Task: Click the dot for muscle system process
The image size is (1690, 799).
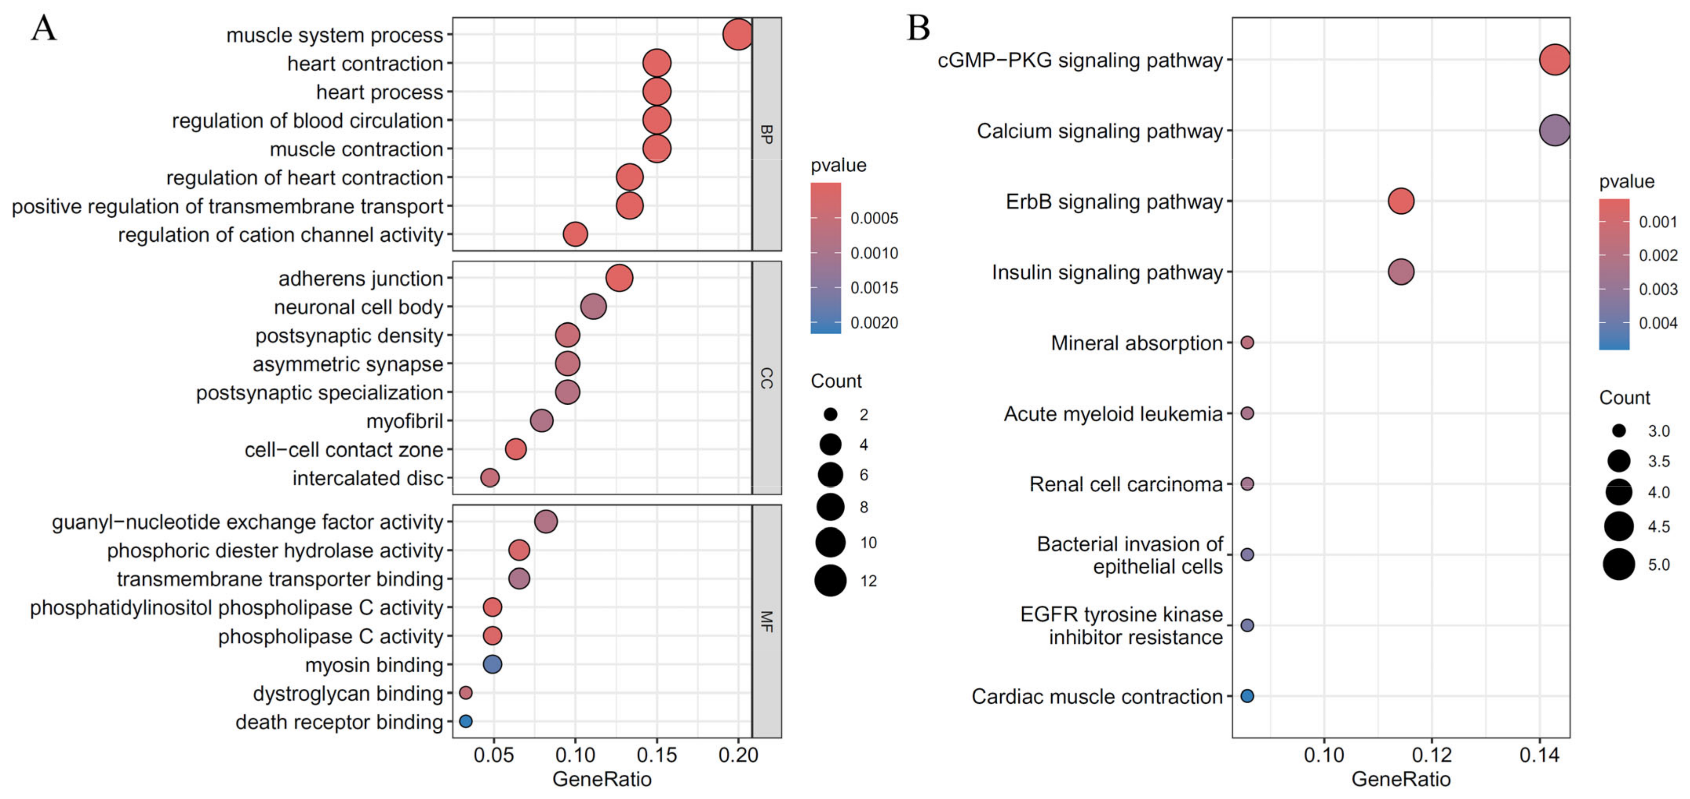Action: tap(738, 34)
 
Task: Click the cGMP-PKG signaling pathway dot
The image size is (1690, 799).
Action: tap(1554, 60)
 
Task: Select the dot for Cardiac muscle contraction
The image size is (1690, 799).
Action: tap(1247, 696)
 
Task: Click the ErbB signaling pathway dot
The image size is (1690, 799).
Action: tap(1400, 201)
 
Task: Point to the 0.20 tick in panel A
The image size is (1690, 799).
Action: tap(738, 755)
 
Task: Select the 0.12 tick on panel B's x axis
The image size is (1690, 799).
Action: tap(1431, 755)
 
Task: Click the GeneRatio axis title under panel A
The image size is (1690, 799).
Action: tap(602, 779)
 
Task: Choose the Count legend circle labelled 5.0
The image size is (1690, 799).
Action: tap(1619, 564)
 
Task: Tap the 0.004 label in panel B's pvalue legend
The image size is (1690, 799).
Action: tap(1658, 323)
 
